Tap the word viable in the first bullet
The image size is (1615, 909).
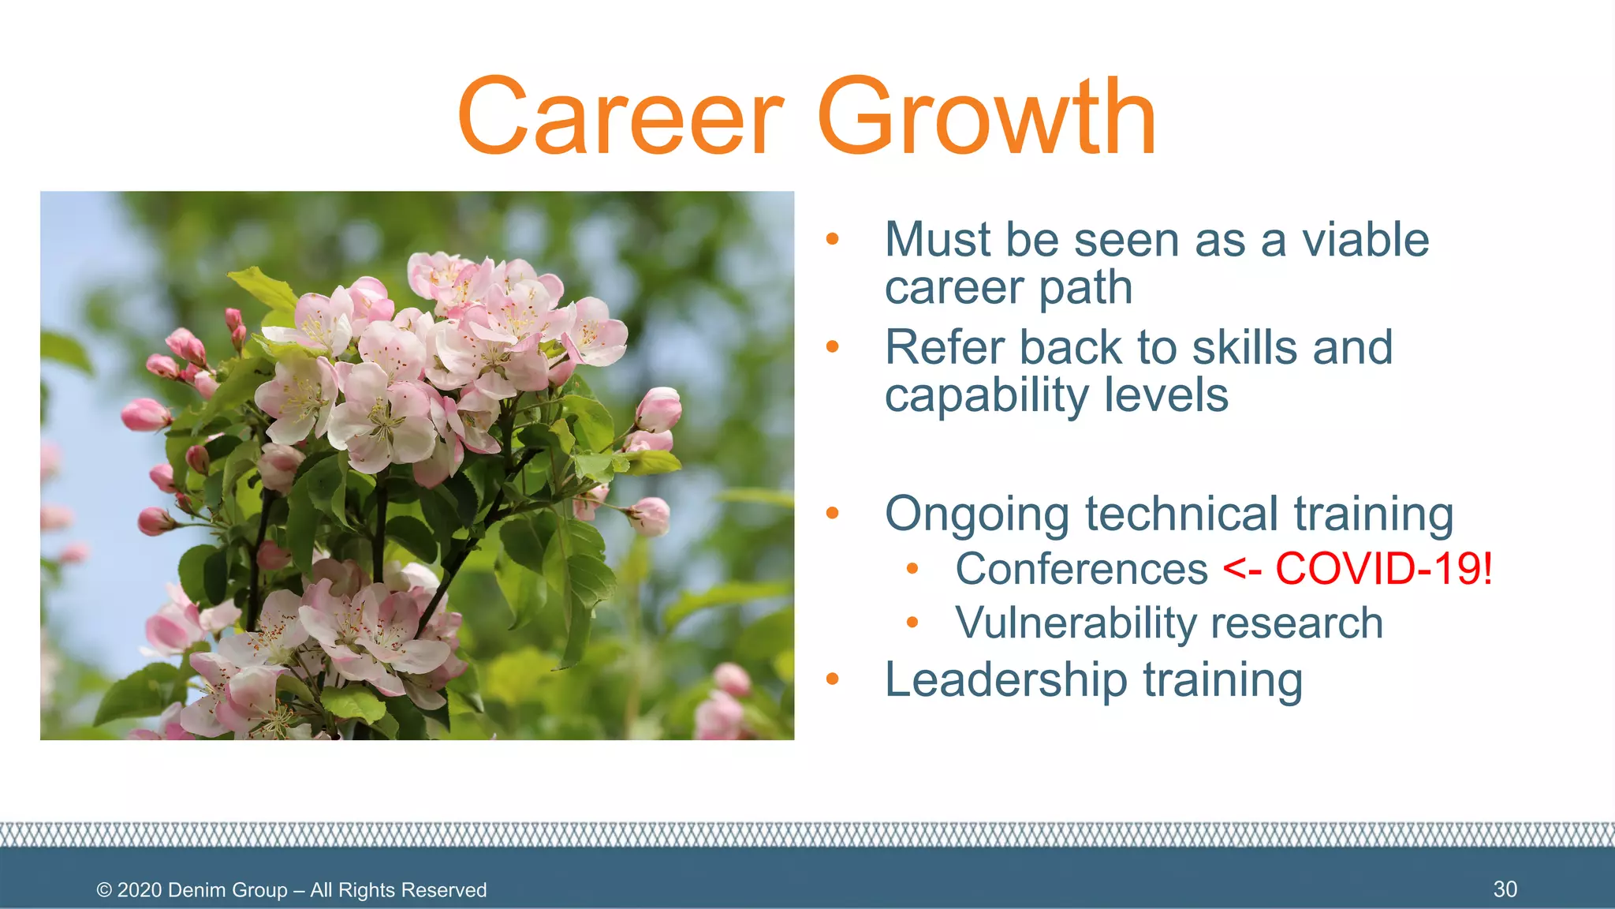click(x=1365, y=240)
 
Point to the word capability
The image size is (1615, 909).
click(x=987, y=396)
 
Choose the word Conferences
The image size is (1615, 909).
click(x=1081, y=569)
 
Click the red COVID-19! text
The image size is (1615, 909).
click(x=1384, y=569)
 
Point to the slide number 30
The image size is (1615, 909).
click(x=1505, y=889)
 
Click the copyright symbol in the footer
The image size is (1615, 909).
click(x=104, y=890)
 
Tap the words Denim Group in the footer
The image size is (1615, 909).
click(x=227, y=890)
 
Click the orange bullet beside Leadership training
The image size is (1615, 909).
click(x=832, y=680)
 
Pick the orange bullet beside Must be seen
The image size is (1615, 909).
click(x=832, y=239)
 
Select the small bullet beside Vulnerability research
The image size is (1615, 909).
click(x=912, y=623)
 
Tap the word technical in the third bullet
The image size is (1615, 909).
click(x=1181, y=514)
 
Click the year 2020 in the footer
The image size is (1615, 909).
click(x=140, y=890)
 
